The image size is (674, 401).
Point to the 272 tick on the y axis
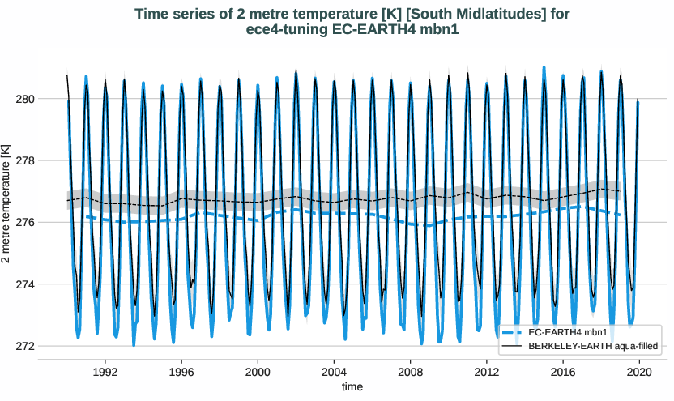(x=49, y=346)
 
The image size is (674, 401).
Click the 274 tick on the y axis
(x=49, y=284)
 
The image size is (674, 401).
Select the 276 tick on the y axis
(x=49, y=222)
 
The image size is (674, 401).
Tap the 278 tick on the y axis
(x=49, y=160)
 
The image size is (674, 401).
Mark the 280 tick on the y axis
(x=49, y=99)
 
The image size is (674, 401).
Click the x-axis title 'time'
(x=352, y=387)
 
